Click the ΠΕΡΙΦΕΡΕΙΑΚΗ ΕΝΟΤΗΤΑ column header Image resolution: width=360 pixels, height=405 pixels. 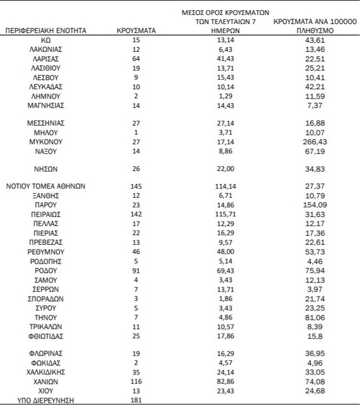tap(45, 31)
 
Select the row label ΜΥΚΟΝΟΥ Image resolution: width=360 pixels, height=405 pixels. tap(45, 142)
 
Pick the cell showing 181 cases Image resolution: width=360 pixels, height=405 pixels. tap(136, 400)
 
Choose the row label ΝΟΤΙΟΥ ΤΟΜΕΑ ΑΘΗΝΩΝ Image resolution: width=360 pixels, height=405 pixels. tap(45, 186)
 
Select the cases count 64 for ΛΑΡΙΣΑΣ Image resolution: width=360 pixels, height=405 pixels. tap(136, 59)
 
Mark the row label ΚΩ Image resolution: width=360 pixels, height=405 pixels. tap(45, 41)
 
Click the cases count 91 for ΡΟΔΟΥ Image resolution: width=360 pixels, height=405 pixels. tap(136, 270)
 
